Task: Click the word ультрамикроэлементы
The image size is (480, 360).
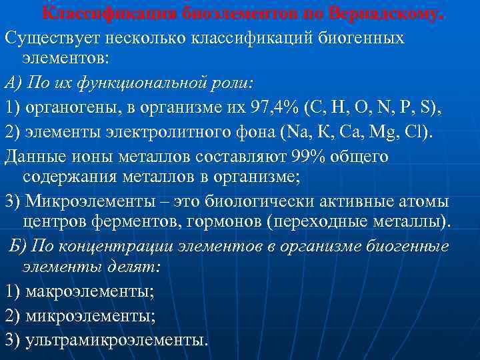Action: coord(116,339)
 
